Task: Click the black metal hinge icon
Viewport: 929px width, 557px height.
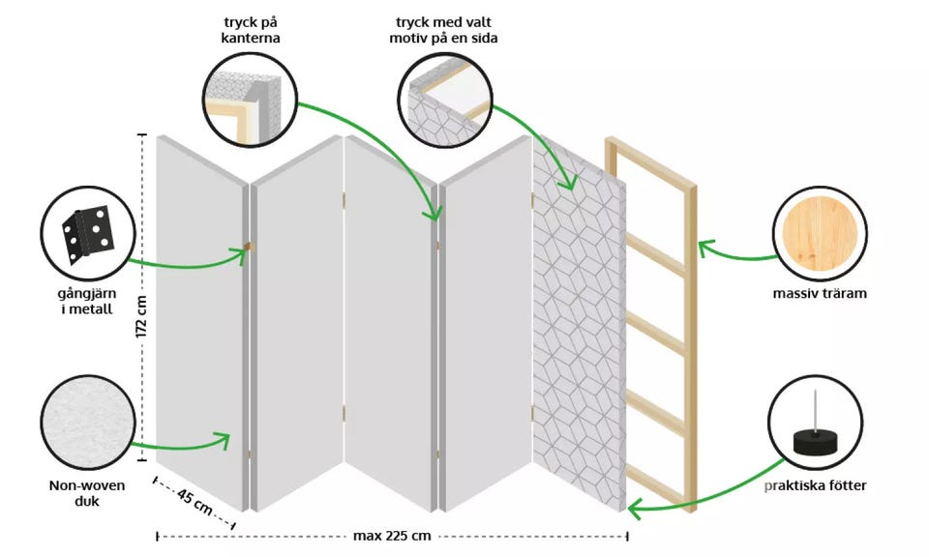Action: (x=88, y=234)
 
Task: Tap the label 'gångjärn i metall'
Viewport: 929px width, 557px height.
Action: (x=88, y=302)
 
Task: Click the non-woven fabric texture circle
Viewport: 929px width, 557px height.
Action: (x=87, y=423)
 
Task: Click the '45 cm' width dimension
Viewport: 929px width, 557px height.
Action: (x=195, y=503)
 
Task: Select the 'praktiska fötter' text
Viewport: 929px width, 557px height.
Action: (x=816, y=484)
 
